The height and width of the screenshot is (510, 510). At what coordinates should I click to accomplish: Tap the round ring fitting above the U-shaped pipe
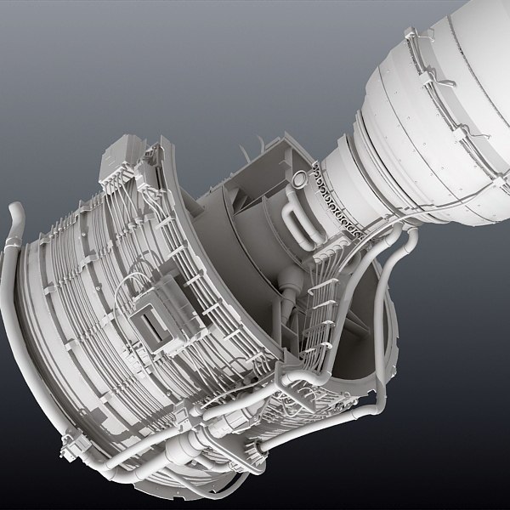pyautogui.click(x=299, y=176)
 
